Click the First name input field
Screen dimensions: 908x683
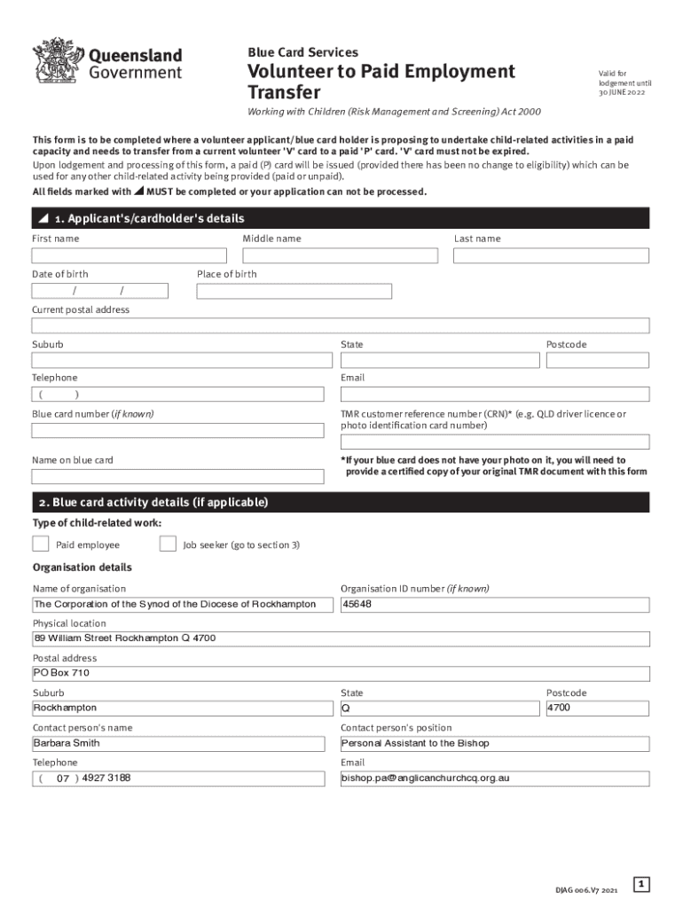(130, 255)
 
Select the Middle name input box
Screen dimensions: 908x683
(340, 255)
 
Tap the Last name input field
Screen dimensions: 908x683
(551, 255)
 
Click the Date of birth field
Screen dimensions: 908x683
(99, 291)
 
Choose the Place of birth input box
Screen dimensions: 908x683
(294, 291)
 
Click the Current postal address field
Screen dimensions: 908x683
(341, 325)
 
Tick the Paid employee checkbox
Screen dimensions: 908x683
(41, 544)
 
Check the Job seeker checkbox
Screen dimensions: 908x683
(168, 544)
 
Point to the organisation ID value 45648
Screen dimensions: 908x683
(357, 605)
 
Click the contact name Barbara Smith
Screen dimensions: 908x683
(67, 743)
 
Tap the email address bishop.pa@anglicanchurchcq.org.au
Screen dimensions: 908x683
(426, 779)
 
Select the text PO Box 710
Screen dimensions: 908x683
(61, 673)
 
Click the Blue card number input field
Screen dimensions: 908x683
(177, 430)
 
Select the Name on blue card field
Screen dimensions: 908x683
(177, 476)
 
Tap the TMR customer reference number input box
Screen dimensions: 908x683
(495, 442)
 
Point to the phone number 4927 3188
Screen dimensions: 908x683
(106, 779)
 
